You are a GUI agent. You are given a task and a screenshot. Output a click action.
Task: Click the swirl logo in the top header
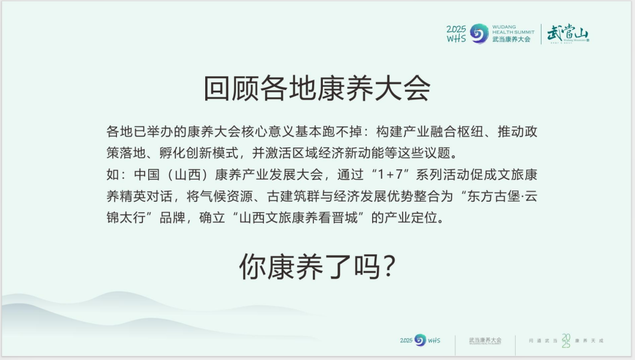coord(479,34)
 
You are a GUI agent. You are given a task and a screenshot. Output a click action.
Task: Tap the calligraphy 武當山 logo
coord(567,34)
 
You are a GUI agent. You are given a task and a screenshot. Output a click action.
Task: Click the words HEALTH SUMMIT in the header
coord(513,32)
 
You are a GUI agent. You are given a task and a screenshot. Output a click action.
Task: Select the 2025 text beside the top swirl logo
coord(456,29)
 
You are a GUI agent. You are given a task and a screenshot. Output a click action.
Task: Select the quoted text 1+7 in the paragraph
coord(376,175)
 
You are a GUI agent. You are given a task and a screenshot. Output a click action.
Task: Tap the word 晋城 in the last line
coord(355,218)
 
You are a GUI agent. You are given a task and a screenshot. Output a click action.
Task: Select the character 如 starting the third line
coord(113,175)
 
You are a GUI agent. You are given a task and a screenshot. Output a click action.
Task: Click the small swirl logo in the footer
coord(420,340)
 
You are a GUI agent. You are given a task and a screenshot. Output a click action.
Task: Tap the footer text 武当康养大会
coord(485,340)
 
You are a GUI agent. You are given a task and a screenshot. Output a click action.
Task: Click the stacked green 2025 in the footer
coord(565,340)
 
